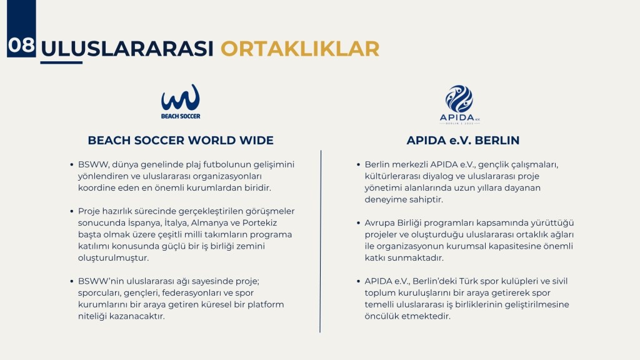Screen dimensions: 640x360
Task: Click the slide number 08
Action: click(x=21, y=45)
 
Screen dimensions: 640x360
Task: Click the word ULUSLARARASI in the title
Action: click(x=127, y=49)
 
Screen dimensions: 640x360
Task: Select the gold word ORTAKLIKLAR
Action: click(x=300, y=49)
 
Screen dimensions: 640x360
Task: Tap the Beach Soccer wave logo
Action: click(x=181, y=102)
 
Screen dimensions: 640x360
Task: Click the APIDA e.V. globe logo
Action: click(x=459, y=104)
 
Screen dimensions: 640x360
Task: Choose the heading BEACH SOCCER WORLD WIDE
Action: click(x=181, y=141)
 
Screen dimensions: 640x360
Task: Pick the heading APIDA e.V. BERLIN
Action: click(x=463, y=141)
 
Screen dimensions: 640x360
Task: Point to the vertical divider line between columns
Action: click(x=321, y=241)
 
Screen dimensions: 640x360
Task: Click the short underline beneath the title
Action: click(x=61, y=62)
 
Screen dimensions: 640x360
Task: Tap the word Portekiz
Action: click(x=259, y=223)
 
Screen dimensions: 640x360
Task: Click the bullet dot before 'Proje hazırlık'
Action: click(x=72, y=211)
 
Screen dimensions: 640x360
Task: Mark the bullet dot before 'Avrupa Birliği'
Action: click(x=358, y=223)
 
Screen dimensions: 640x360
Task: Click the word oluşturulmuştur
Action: click(x=114, y=258)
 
